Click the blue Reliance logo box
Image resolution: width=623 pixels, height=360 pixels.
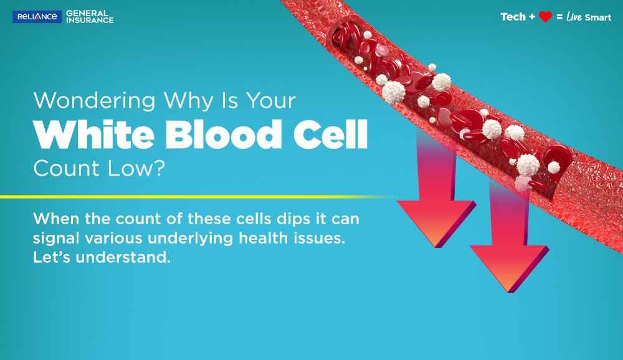(37, 17)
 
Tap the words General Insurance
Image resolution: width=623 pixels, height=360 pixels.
(90, 17)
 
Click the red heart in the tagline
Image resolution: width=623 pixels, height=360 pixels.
(545, 17)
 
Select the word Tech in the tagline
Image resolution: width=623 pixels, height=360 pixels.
(513, 17)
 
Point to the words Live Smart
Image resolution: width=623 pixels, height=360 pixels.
(589, 17)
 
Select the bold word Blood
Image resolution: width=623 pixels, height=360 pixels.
(223, 134)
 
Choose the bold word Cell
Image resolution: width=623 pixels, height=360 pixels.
(330, 134)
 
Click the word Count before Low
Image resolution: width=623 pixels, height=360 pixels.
(67, 168)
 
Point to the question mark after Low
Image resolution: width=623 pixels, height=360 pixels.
(159, 168)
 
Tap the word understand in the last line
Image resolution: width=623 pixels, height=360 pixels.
(123, 257)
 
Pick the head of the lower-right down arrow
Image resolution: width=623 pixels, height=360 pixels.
(510, 268)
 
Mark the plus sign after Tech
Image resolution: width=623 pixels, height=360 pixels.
(532, 17)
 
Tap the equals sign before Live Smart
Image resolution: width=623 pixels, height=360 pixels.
(559, 17)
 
